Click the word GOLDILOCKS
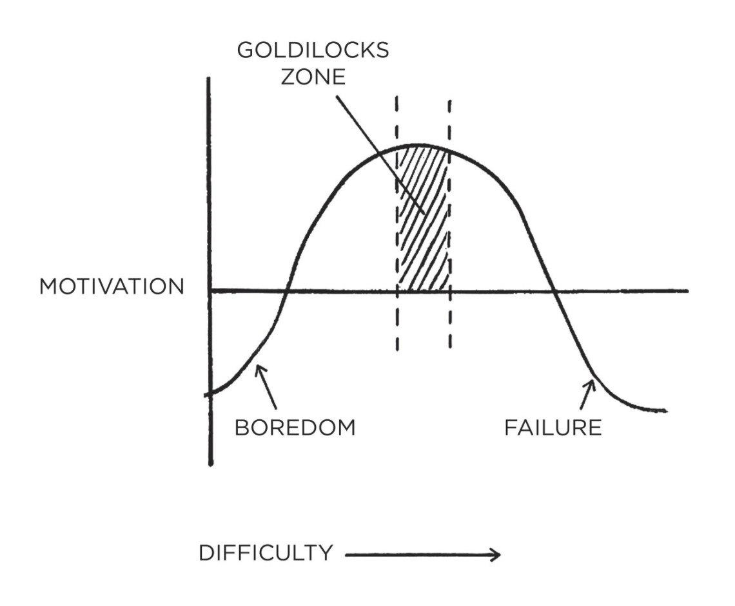(313, 50)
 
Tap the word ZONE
(313, 77)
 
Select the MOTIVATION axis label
(112, 287)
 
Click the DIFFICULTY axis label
(266, 553)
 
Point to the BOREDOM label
(295, 428)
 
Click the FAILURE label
(553, 428)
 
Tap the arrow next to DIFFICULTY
(423, 555)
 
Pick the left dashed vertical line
(397, 223)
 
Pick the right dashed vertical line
(449, 224)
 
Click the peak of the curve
(420, 145)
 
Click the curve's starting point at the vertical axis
(209, 393)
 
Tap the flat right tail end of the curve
(665, 411)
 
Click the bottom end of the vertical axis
(210, 464)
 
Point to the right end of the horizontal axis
(688, 291)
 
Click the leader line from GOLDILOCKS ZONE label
(380, 155)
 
